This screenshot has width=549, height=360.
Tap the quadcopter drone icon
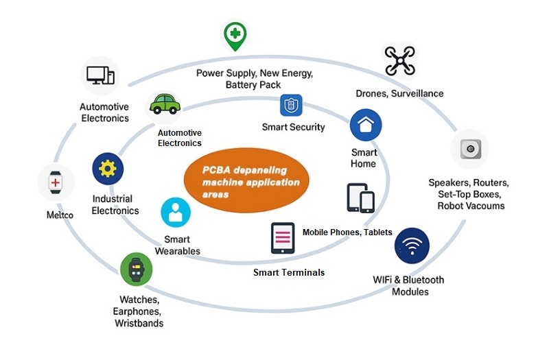(x=399, y=60)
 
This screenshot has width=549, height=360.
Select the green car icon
(x=165, y=104)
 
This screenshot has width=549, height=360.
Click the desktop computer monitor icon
(x=100, y=75)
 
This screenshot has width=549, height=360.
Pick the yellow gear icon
(x=108, y=169)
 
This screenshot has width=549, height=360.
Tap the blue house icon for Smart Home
(x=365, y=125)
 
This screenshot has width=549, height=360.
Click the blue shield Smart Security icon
(x=292, y=106)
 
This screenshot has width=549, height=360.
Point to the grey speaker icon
(x=469, y=149)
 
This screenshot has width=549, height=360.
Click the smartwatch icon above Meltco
(x=56, y=183)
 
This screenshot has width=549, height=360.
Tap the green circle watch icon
(x=136, y=268)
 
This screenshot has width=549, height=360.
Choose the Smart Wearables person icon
(x=176, y=213)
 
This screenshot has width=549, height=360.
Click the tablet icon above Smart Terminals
(x=283, y=239)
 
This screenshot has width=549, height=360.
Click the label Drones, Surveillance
(x=399, y=93)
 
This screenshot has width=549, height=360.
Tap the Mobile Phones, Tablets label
(x=347, y=232)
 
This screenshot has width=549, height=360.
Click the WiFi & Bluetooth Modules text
(x=408, y=285)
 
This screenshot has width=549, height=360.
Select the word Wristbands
(x=139, y=323)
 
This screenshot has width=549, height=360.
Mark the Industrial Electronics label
(x=115, y=204)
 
